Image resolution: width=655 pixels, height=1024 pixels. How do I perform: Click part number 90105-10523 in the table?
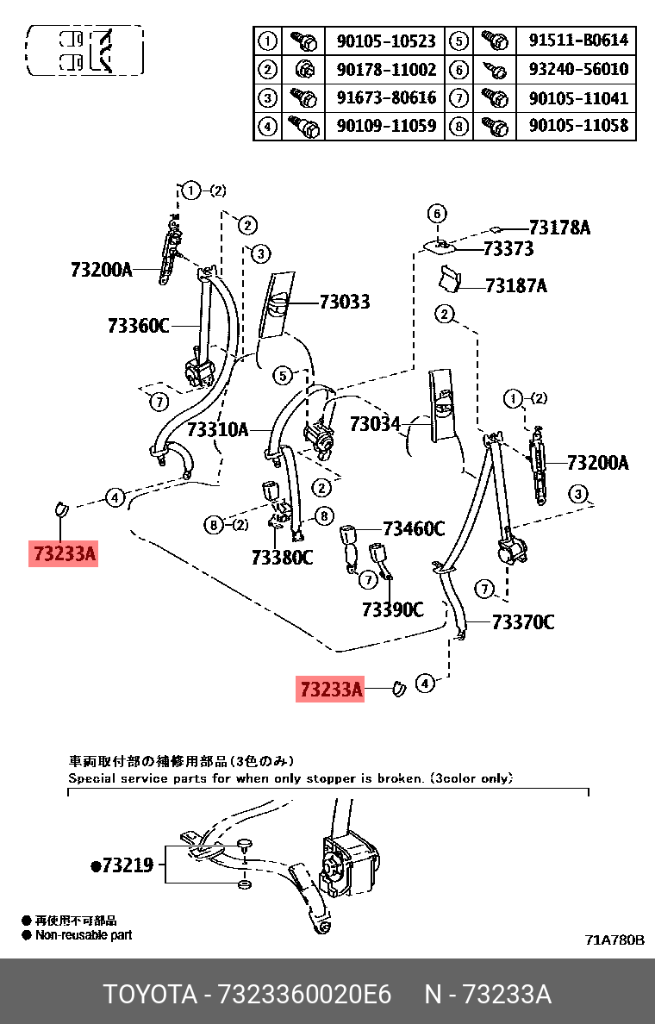[x=386, y=41]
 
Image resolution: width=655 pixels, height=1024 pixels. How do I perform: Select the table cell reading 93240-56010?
[x=578, y=70]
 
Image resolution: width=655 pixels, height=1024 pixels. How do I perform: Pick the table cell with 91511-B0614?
[x=578, y=41]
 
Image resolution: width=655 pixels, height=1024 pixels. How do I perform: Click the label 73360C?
[x=139, y=326]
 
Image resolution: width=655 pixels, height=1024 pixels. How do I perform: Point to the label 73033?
[x=344, y=302]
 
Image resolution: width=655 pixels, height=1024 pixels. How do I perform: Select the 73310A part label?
[x=217, y=428]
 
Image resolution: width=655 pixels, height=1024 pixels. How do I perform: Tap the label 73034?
[x=375, y=424]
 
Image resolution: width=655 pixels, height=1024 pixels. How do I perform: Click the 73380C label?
[x=282, y=558]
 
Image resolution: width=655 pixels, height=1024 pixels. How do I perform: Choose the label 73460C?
[x=414, y=529]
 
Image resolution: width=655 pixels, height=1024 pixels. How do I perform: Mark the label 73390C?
[x=393, y=609]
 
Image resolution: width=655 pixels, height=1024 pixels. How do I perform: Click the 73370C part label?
[x=523, y=621]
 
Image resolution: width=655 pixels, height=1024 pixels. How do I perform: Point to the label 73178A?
[x=559, y=228]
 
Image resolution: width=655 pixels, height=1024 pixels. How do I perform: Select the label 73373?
[x=508, y=249]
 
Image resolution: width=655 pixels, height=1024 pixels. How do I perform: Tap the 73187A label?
[x=515, y=285]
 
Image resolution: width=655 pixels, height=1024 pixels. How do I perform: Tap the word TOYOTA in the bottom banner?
[x=150, y=995]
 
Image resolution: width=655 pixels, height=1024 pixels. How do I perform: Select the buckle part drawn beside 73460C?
[x=351, y=543]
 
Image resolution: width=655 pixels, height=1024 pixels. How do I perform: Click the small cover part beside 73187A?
[x=448, y=278]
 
